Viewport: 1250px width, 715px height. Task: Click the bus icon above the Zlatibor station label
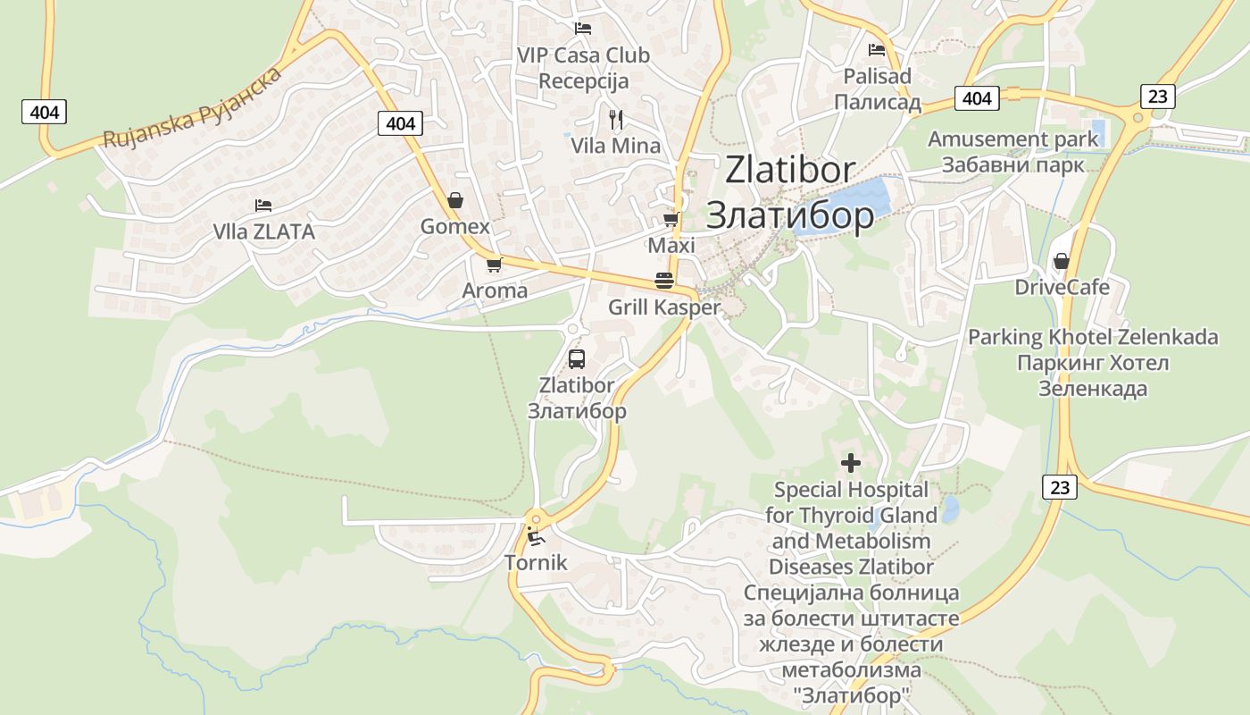(577, 359)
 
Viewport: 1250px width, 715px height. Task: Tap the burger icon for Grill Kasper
(663, 280)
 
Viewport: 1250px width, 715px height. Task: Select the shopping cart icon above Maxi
(671, 219)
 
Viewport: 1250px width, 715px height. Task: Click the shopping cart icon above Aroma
(494, 265)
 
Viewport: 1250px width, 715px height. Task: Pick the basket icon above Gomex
(455, 200)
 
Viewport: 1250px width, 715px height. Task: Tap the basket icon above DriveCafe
(1062, 261)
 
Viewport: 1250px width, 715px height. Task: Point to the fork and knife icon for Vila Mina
(615, 119)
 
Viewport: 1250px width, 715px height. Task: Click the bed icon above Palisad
(877, 50)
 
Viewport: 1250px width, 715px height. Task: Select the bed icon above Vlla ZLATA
(262, 206)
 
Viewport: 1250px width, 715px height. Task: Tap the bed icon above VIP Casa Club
(583, 29)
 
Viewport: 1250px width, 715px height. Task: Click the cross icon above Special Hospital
(851, 463)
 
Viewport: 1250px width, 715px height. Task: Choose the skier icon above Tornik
(535, 536)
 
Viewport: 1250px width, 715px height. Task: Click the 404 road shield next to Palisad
(977, 97)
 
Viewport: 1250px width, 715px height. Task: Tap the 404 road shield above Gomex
(400, 122)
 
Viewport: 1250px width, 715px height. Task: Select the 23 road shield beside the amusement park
(1157, 97)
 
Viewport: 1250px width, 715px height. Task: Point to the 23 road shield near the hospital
(1059, 487)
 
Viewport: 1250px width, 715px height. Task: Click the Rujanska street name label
(192, 107)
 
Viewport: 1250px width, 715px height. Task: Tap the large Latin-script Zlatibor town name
(790, 170)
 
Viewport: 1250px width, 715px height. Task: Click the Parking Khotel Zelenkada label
(1093, 337)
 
